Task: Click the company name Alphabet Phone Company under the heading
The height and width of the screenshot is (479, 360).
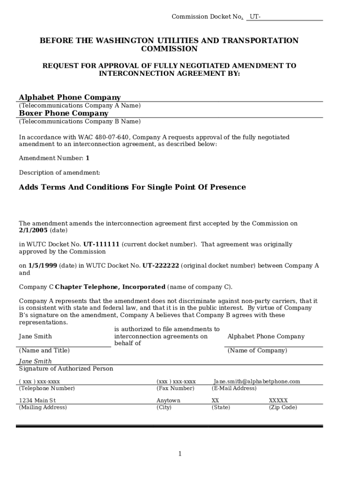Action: pyautogui.click(x=70, y=97)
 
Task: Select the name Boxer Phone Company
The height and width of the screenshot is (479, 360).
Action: pyautogui.click(x=64, y=113)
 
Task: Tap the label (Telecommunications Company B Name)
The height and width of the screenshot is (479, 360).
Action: pyautogui.click(x=79, y=122)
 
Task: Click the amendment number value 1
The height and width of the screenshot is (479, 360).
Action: pyautogui.click(x=87, y=158)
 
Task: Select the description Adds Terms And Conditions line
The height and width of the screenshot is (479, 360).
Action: pyautogui.click(x=132, y=187)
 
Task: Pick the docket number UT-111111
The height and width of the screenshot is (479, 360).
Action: pyautogui.click(x=101, y=244)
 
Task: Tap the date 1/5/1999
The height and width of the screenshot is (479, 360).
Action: pyautogui.click(x=43, y=266)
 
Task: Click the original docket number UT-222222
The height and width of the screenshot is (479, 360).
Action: pyautogui.click(x=161, y=266)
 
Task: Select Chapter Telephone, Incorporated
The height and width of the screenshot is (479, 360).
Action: pyautogui.click(x=110, y=287)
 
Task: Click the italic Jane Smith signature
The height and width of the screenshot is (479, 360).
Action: pyautogui.click(x=35, y=361)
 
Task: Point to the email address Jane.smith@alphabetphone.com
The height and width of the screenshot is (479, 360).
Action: pyautogui.click(x=257, y=381)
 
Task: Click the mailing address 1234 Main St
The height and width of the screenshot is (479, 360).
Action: pyautogui.click(x=37, y=400)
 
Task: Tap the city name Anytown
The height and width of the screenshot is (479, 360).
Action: pyautogui.click(x=168, y=400)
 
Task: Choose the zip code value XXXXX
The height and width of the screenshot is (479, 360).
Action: pyautogui.click(x=278, y=400)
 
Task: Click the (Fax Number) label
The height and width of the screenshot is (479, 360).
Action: pyautogui.click(x=175, y=388)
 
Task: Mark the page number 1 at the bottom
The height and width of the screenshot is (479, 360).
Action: pyautogui.click(x=180, y=454)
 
